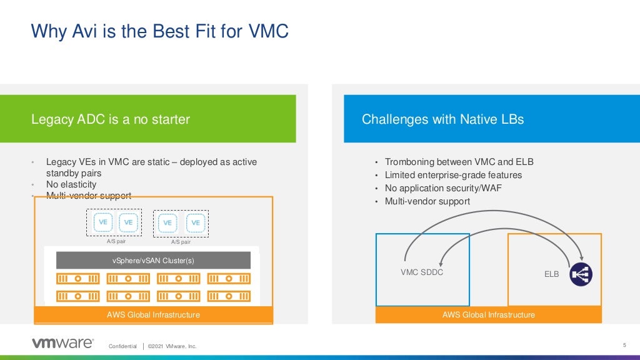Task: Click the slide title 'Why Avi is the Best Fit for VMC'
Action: click(160, 31)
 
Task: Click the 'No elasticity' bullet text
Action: click(71, 184)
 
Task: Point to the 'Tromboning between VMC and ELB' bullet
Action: click(459, 162)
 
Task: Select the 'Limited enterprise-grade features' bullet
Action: click(453, 175)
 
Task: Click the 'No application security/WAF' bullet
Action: click(443, 188)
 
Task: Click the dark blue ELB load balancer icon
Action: click(581, 274)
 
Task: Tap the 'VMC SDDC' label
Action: click(422, 272)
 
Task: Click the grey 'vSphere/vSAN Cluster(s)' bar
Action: click(153, 261)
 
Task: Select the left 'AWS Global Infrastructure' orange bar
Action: click(153, 314)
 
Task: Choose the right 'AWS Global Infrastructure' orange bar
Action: click(488, 314)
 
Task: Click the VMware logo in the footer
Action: click(62, 342)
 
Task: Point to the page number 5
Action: click(624, 345)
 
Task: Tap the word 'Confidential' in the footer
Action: click(122, 346)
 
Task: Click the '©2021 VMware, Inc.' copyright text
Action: click(172, 346)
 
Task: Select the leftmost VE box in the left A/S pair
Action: click(102, 222)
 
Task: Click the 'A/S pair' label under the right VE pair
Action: click(181, 242)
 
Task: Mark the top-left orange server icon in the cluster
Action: click(78, 278)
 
